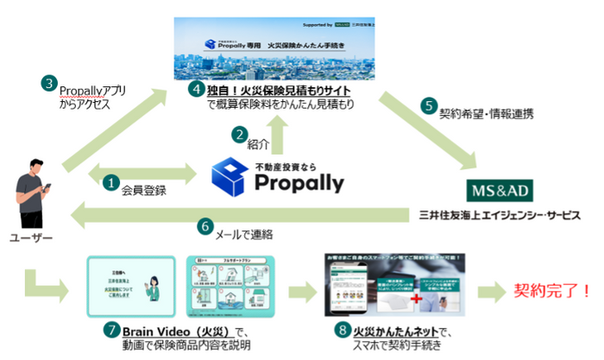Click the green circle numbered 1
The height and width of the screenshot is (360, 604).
click(111, 182)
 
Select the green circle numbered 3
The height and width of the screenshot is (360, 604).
click(50, 84)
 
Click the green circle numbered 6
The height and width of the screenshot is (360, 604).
click(205, 226)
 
